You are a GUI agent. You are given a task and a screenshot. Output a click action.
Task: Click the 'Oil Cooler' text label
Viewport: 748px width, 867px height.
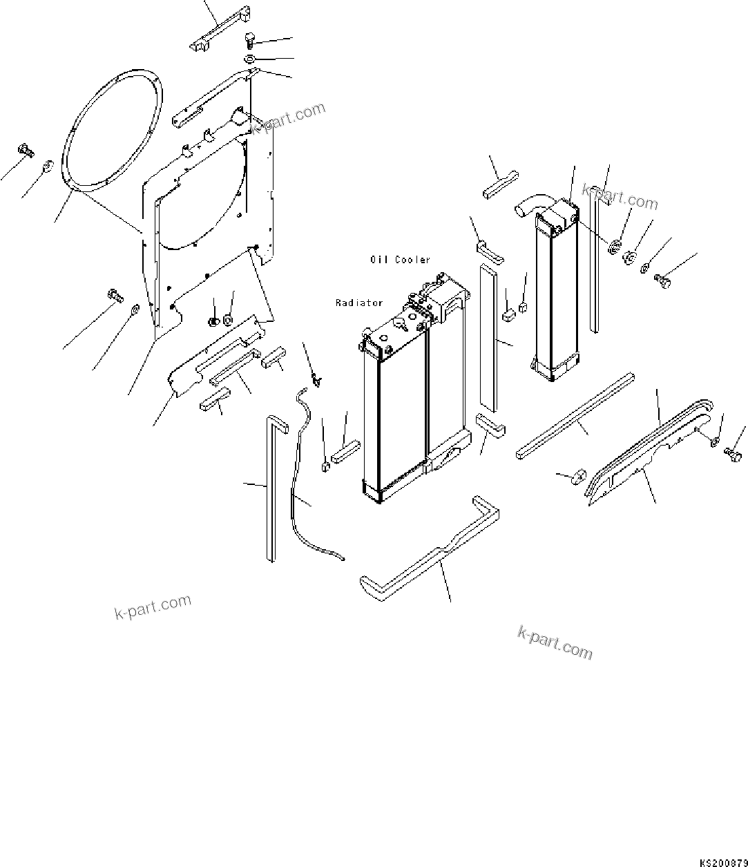coord(399,260)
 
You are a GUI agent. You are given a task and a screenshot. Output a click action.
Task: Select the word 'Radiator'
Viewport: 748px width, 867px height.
coord(358,303)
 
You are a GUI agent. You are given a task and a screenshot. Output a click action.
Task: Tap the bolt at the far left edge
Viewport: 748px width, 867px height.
coord(26,149)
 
